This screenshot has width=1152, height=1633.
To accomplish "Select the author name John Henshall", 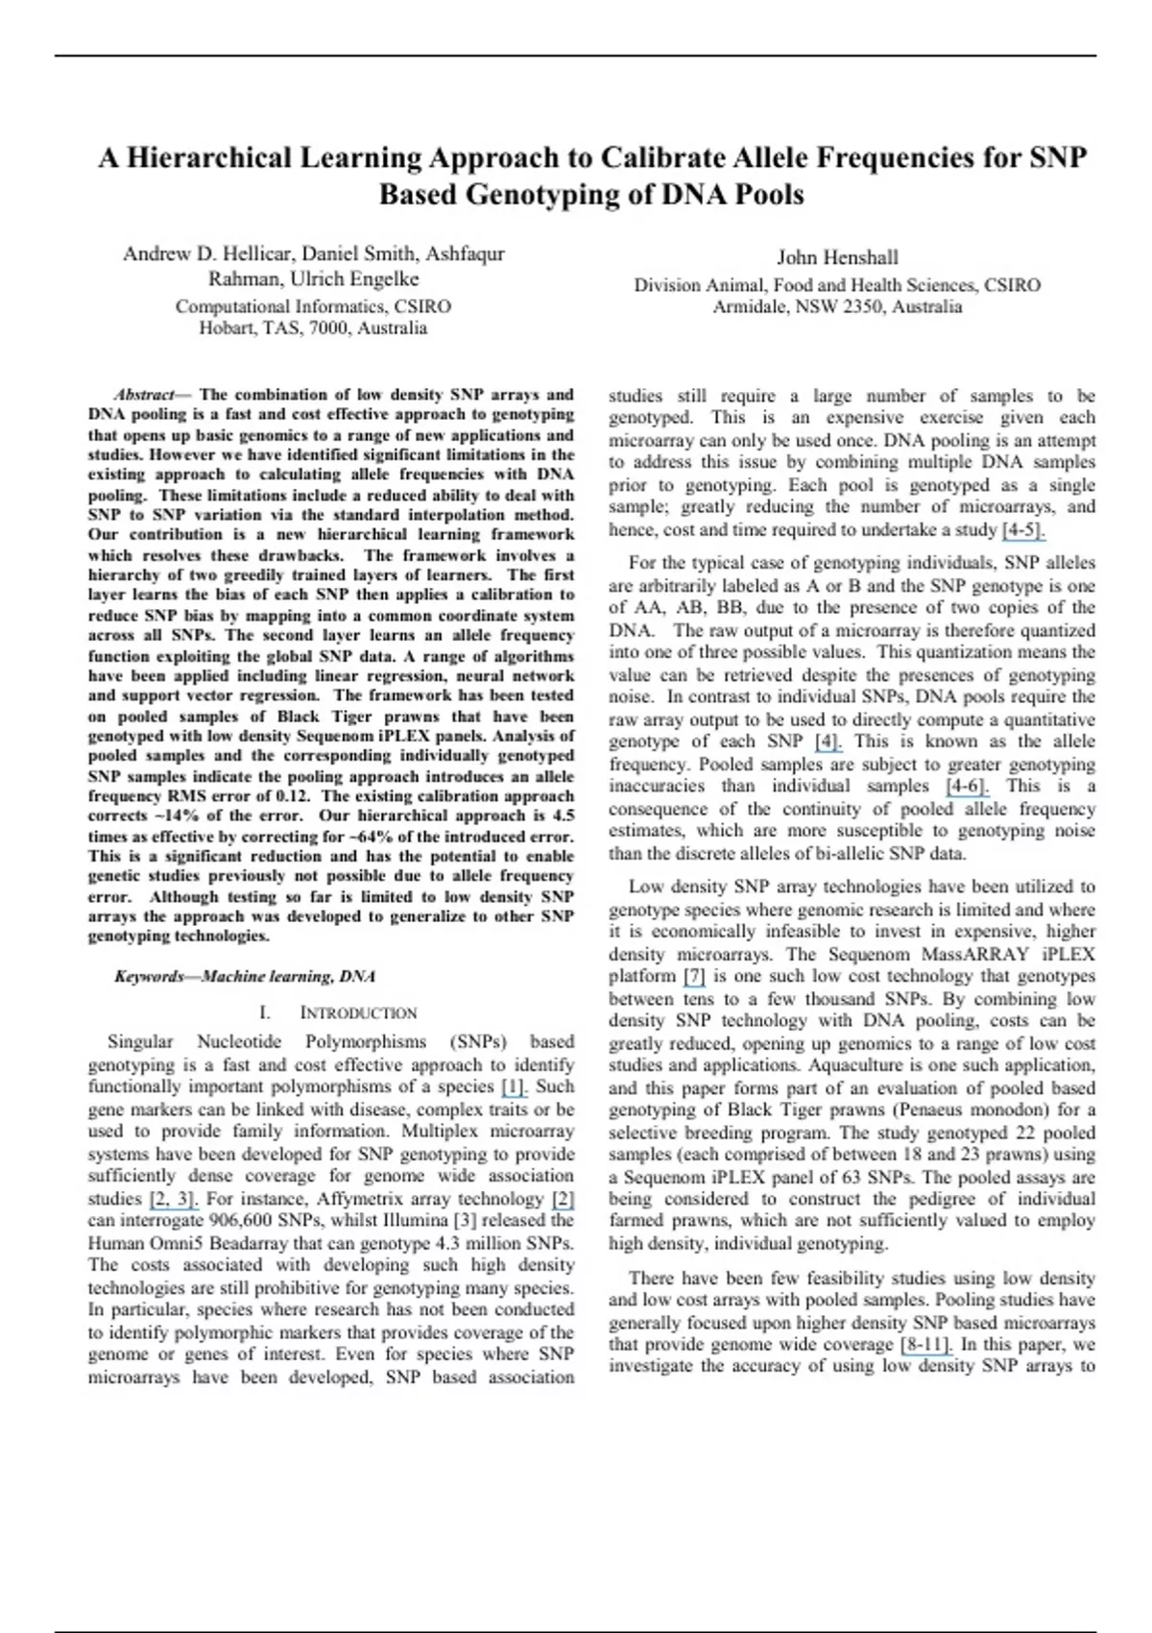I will [837, 257].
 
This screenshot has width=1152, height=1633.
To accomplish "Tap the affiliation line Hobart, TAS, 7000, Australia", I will [313, 329].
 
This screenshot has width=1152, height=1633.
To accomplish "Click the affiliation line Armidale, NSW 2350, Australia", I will [837, 307].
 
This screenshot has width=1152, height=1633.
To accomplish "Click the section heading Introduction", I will [357, 1013].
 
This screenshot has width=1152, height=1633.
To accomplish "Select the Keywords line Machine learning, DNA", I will [244, 977].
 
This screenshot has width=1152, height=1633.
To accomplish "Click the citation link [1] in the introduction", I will [514, 1087].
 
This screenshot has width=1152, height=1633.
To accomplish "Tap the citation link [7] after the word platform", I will [693, 977].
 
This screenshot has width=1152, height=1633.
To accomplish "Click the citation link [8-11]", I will [925, 1345].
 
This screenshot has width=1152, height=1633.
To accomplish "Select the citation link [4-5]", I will [1022, 530].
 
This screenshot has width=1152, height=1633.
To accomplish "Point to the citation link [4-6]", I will [967, 787].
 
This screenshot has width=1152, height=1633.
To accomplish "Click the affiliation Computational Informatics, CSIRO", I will [313, 307].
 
